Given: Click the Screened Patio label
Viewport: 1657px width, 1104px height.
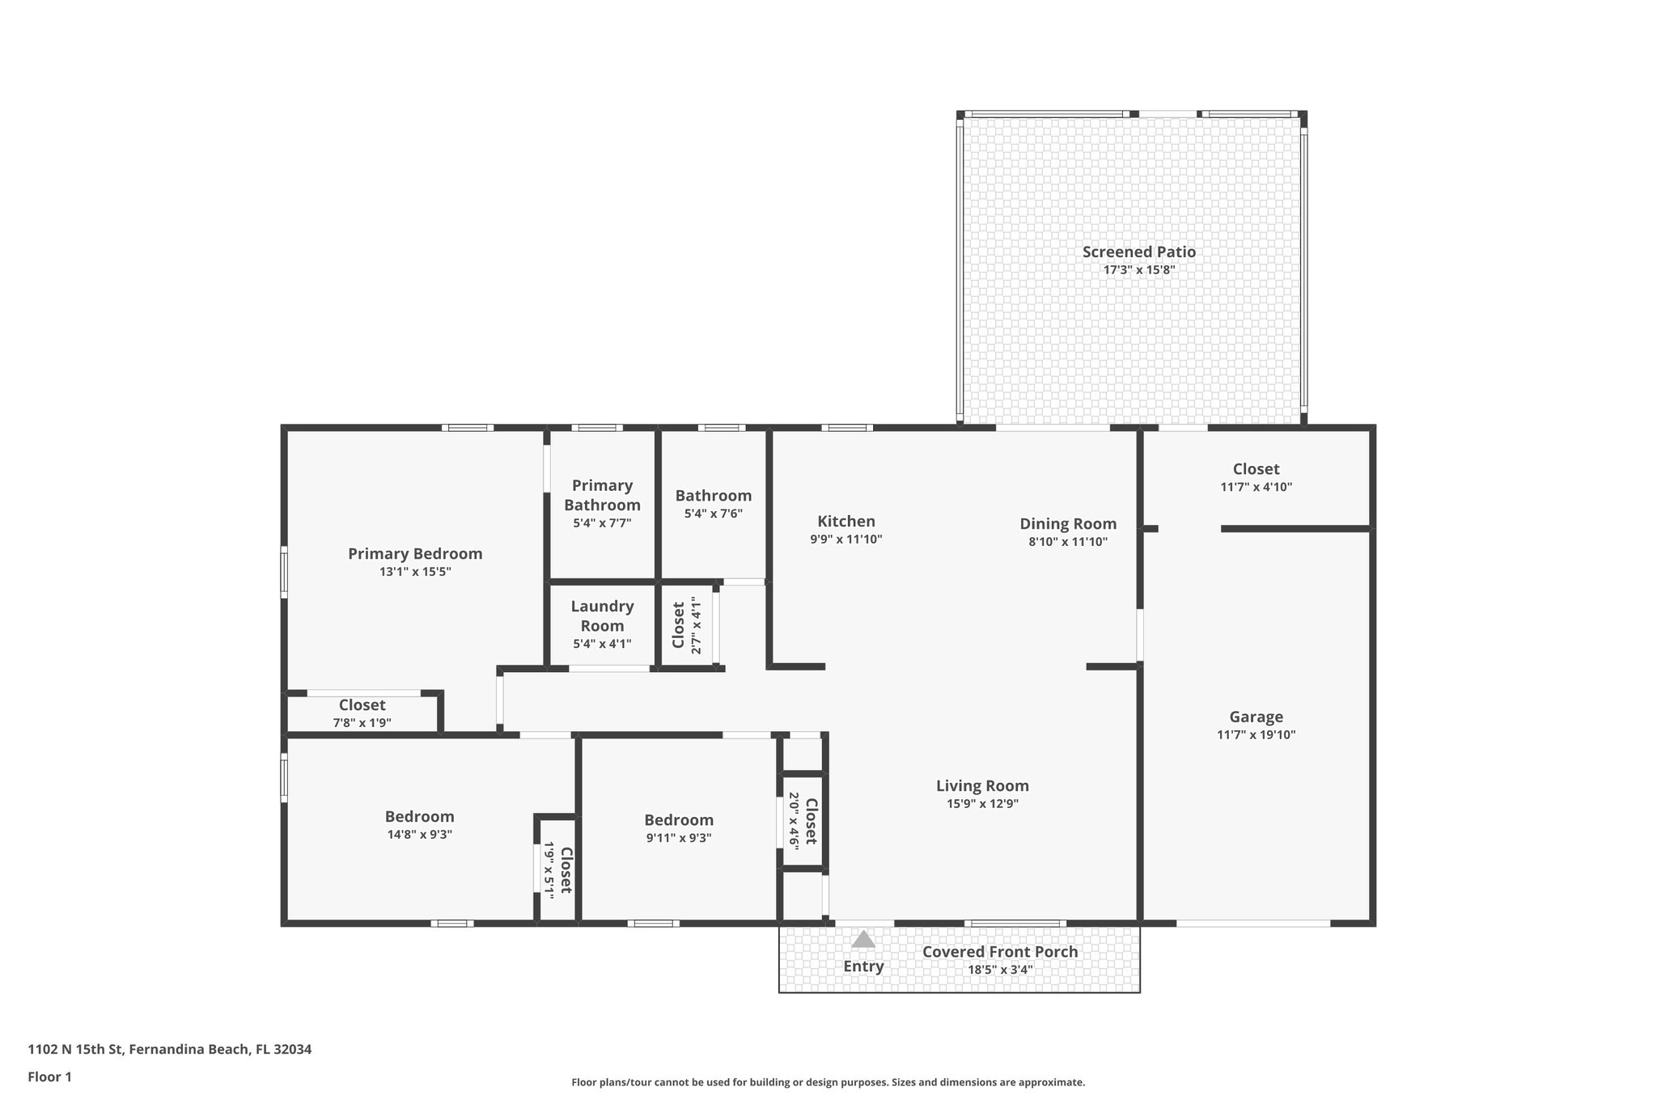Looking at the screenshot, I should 1138,252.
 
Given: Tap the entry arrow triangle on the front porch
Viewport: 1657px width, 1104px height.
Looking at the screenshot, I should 863,939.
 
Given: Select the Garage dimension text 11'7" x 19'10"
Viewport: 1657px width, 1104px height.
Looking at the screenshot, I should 1256,735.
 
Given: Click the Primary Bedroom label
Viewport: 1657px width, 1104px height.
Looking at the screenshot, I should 415,554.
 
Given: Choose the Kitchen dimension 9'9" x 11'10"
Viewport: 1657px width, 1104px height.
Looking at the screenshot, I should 845,539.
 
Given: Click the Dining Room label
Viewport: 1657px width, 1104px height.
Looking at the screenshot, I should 1067,524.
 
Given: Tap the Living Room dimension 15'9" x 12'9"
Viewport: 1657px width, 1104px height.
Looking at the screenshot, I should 982,804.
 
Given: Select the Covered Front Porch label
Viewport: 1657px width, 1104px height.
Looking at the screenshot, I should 1000,952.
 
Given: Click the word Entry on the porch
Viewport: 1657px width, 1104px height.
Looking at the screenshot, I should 863,967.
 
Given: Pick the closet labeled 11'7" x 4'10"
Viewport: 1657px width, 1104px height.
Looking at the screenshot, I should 1256,469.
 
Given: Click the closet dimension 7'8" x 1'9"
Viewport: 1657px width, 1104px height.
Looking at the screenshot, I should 362,722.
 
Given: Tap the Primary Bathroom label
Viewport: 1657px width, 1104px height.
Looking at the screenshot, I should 602,495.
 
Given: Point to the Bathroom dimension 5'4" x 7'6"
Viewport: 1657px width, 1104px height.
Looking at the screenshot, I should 713,514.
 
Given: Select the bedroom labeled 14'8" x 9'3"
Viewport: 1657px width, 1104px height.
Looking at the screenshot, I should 419,817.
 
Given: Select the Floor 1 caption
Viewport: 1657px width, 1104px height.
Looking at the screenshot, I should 49,1077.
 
